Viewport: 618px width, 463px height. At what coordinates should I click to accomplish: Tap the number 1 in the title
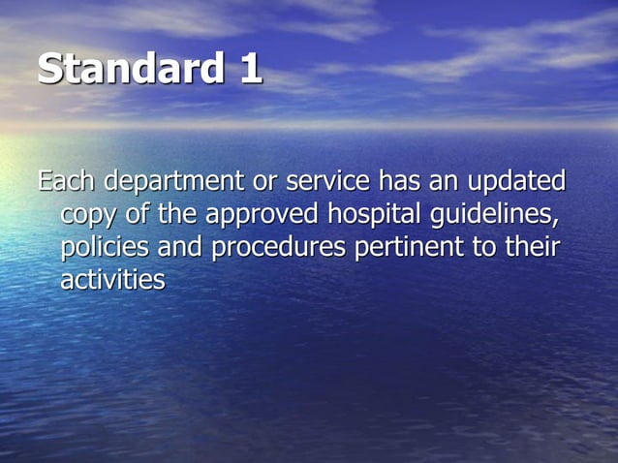click(x=248, y=70)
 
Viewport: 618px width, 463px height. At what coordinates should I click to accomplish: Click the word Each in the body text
click(x=66, y=181)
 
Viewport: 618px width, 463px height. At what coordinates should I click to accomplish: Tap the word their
click(x=531, y=248)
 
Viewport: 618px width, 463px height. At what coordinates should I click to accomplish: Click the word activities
click(x=112, y=280)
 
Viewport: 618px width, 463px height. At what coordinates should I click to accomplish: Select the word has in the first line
click(x=399, y=181)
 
